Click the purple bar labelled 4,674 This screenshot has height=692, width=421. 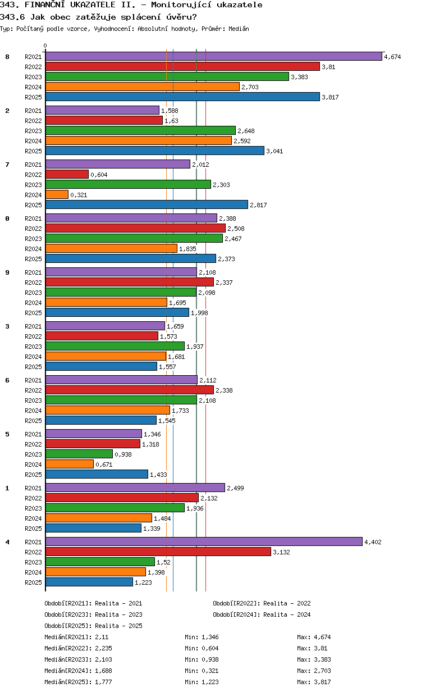213,56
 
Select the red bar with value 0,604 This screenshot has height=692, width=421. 67,174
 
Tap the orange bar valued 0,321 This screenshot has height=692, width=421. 57,194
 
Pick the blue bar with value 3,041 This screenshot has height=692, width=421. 154,151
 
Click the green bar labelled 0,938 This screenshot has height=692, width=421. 79,454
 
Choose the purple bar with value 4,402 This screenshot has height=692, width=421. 204,541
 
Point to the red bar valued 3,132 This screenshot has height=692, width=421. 158,552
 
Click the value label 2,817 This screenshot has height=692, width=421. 258,205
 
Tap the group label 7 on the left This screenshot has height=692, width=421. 7,164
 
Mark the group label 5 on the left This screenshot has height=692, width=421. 7,434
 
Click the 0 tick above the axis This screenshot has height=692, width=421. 45,46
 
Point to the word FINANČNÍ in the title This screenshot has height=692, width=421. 50,5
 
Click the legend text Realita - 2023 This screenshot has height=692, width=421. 118,614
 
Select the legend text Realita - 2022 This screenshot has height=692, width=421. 287,603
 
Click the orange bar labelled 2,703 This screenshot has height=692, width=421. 143,86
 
